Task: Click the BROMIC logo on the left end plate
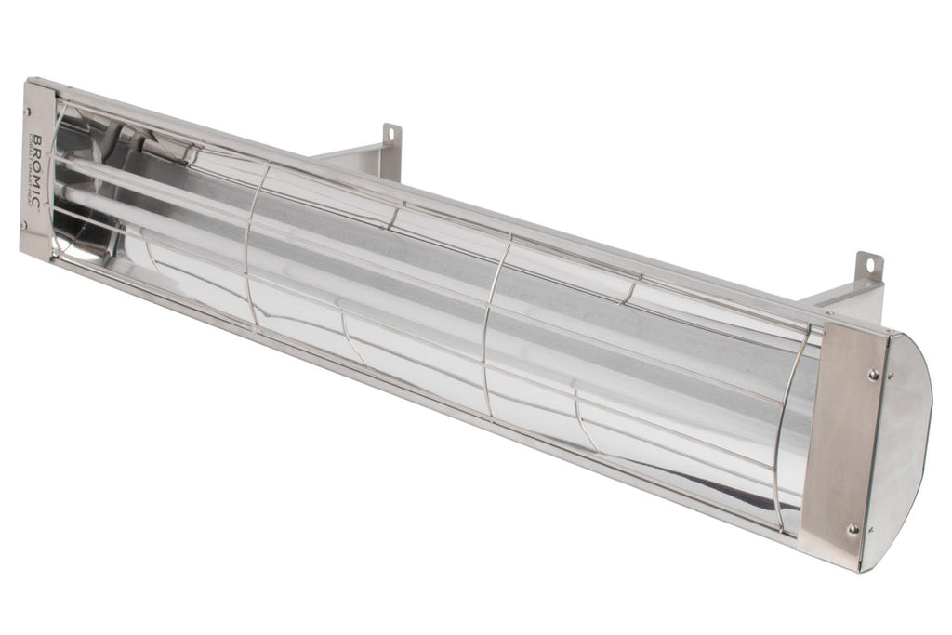click(35, 167)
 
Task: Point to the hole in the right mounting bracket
click(871, 264)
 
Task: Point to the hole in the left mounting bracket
click(391, 135)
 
